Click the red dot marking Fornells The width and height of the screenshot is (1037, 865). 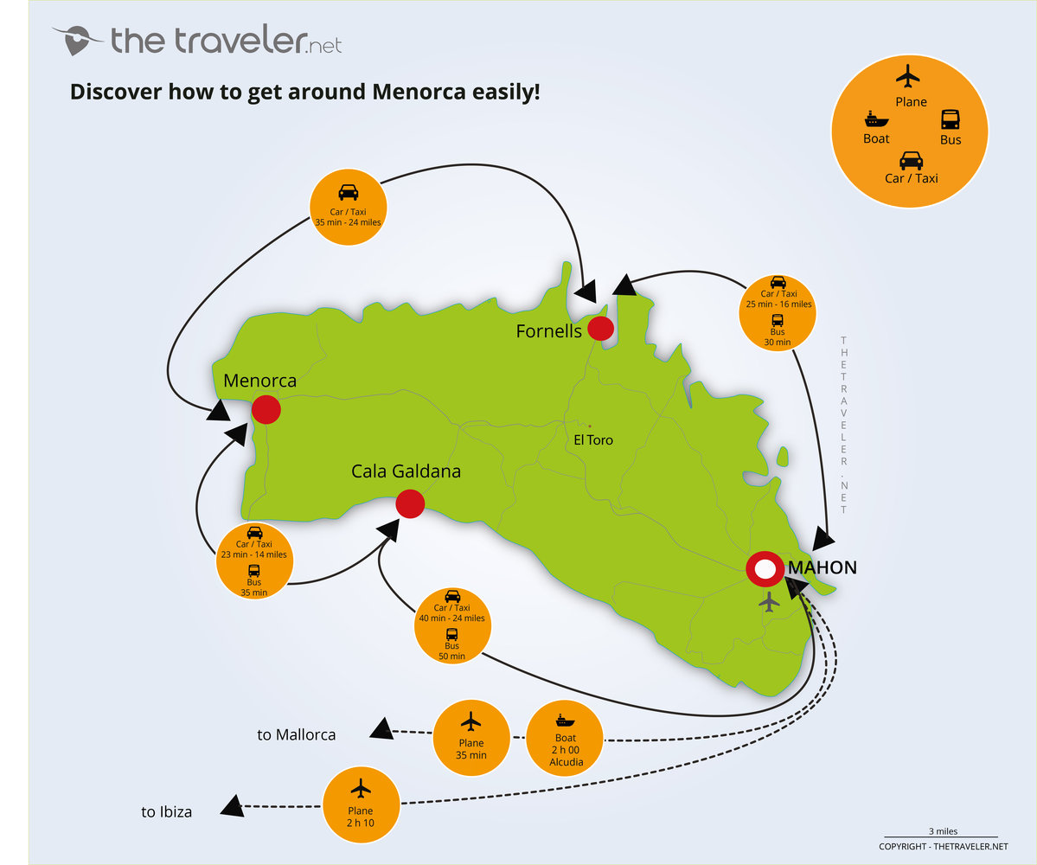pyautogui.click(x=600, y=329)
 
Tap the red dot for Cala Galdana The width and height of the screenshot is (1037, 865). pyautogui.click(x=409, y=503)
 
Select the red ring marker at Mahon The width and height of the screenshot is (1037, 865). pyautogui.click(x=765, y=570)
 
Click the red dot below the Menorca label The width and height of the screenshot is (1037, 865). pyautogui.click(x=266, y=410)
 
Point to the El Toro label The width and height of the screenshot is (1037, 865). pyautogui.click(x=593, y=440)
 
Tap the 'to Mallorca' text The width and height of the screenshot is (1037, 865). pyautogui.click(x=296, y=735)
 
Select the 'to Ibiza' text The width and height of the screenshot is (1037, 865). pyautogui.click(x=166, y=812)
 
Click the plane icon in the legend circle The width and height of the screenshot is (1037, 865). pyautogui.click(x=908, y=76)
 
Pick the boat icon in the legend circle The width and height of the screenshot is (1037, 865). pyautogui.click(x=875, y=119)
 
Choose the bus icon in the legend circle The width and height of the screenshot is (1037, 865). pyautogui.click(x=950, y=119)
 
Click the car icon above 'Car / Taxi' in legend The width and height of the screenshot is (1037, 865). pyautogui.click(x=911, y=160)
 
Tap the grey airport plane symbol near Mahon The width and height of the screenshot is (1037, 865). pyautogui.click(x=768, y=602)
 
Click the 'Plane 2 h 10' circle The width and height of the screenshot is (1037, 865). pyautogui.click(x=361, y=804)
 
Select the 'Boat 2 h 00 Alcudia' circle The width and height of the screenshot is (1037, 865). pyautogui.click(x=566, y=740)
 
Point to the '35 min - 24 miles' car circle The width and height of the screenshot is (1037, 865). pyautogui.click(x=348, y=207)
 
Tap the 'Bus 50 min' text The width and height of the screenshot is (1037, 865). pyautogui.click(x=452, y=651)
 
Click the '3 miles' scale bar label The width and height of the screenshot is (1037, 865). pyautogui.click(x=942, y=831)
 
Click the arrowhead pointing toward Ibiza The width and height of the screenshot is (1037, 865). pyautogui.click(x=232, y=807)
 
